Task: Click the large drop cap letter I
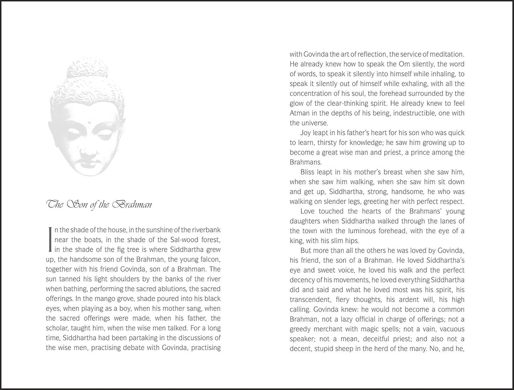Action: [49, 240]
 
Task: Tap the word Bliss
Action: [308, 172]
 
